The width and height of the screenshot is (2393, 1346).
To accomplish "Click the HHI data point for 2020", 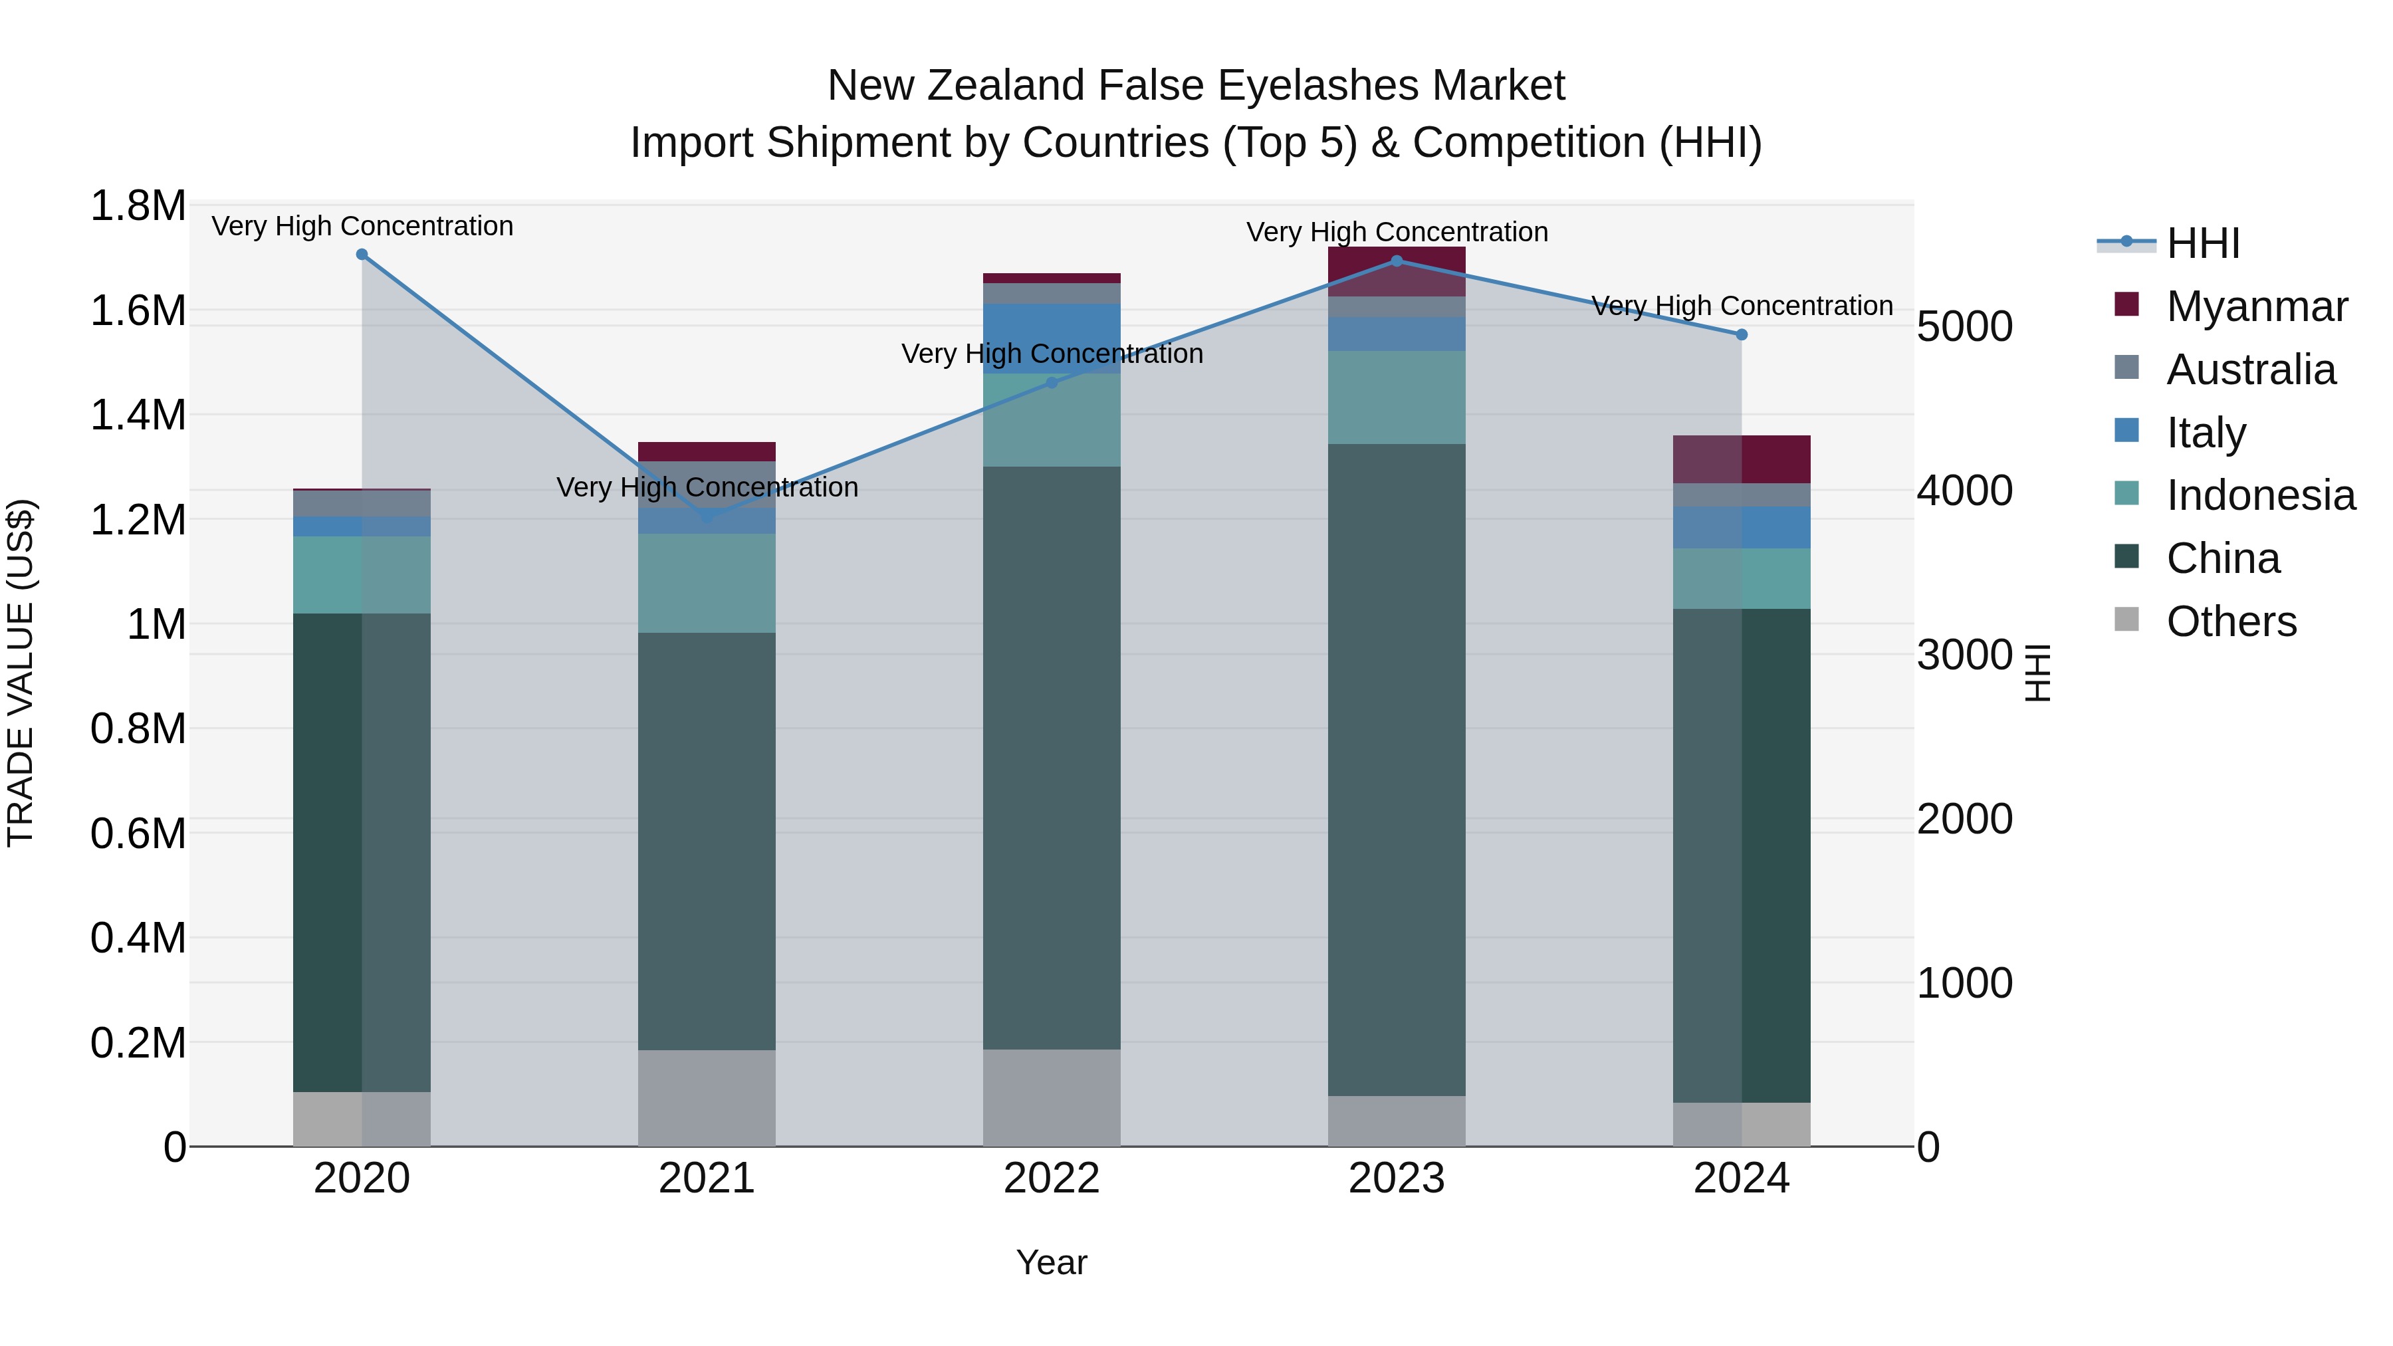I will (362, 255).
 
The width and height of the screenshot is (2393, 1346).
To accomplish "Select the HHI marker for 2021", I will (707, 516).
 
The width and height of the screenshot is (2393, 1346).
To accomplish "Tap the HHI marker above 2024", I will (1742, 334).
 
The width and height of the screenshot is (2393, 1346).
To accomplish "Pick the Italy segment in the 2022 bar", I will (1052, 338).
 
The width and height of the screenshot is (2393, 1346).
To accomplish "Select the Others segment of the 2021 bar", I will (707, 1098).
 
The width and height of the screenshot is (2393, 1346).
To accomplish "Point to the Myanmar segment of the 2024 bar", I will (1742, 459).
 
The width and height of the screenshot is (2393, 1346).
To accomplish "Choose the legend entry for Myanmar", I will (2257, 306).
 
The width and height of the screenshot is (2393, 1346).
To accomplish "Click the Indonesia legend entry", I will (2260, 495).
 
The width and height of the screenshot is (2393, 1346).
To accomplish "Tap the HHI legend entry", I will (2203, 243).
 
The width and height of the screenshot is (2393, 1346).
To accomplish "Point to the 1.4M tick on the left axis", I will (138, 415).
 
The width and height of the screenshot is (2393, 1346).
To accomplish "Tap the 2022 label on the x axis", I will (1052, 1178).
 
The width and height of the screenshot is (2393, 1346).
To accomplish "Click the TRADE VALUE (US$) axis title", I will (21, 673).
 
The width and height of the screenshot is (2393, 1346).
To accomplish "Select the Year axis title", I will (1052, 1262).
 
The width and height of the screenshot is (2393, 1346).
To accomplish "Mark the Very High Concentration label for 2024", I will (1742, 306).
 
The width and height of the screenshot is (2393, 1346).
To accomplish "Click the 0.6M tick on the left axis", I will (138, 834).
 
